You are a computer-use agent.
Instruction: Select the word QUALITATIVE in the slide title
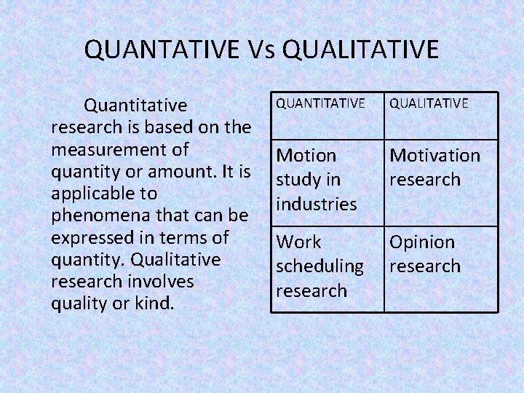(360, 49)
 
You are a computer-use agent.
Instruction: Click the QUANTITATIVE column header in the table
(319, 103)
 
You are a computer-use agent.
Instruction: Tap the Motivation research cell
(434, 167)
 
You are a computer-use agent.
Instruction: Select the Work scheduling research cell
(319, 266)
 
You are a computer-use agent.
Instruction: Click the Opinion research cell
(425, 253)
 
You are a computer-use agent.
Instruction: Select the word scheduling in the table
(319, 266)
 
